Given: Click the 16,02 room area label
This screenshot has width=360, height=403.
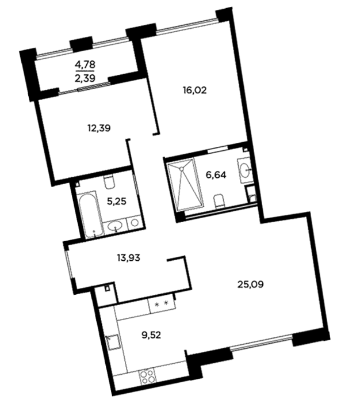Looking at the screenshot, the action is click(195, 91).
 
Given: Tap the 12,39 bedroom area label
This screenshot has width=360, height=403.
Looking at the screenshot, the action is click(99, 128).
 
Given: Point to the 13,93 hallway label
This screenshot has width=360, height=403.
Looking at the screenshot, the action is click(128, 258).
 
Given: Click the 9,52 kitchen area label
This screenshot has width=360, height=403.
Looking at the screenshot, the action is click(151, 335).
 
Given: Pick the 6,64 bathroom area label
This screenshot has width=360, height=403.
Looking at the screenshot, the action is click(216, 175).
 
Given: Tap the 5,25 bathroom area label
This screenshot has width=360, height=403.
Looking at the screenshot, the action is click(117, 201).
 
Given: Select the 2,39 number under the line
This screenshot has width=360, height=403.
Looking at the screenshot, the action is click(85, 78).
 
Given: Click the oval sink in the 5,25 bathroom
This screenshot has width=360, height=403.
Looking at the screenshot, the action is click(115, 226).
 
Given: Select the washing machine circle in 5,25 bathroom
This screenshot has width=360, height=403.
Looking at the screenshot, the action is click(135, 223).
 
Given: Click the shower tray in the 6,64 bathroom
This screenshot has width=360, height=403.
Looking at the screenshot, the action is click(185, 184).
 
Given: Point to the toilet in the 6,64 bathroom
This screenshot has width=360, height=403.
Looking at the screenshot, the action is click(220, 201).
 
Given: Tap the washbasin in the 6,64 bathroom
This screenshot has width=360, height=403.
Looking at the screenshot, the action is click(245, 170).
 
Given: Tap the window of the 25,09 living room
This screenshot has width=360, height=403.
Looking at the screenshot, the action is click(261, 341).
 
